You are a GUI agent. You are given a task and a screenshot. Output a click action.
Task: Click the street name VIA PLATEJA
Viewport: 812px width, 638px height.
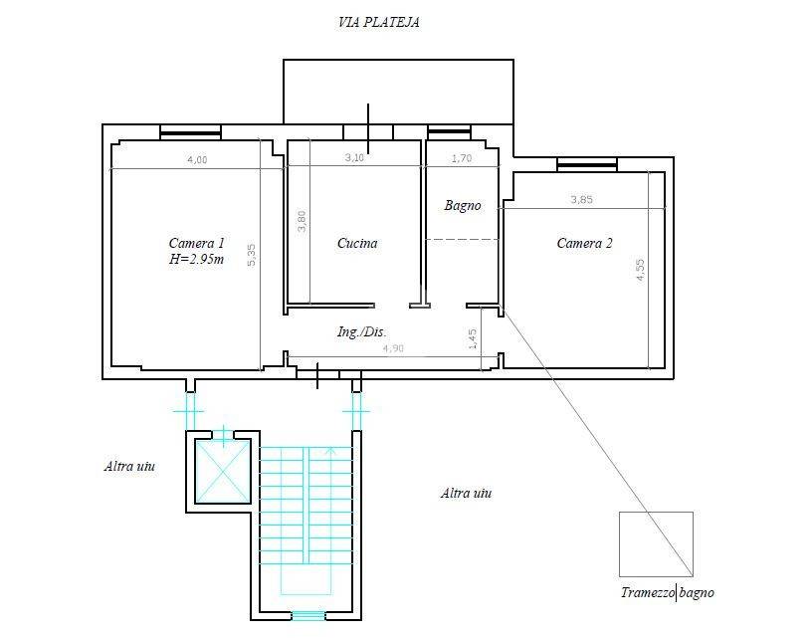click(x=378, y=22)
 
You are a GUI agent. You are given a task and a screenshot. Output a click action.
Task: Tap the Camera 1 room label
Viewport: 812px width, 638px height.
click(x=197, y=243)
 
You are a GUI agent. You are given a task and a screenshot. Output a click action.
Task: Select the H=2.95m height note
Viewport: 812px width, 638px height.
click(x=196, y=260)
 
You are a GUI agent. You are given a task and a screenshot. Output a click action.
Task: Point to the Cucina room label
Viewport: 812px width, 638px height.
click(x=357, y=243)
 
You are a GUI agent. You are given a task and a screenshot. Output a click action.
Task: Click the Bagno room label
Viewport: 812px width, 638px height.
click(x=463, y=206)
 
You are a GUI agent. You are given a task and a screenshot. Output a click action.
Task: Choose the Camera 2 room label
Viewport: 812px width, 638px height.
click(x=585, y=243)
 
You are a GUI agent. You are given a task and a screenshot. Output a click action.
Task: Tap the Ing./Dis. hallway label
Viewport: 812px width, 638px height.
click(x=361, y=332)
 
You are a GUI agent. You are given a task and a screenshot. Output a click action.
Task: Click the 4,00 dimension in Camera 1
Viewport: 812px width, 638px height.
click(x=197, y=160)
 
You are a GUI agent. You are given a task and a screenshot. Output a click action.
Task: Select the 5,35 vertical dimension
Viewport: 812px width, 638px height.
click(x=252, y=256)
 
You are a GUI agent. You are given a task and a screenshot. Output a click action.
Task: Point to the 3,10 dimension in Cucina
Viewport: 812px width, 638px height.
click(x=354, y=157)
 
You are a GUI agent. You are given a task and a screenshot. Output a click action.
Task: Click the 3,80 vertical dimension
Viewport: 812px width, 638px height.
click(x=303, y=221)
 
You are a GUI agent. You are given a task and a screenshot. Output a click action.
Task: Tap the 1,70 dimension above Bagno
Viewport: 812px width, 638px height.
click(x=462, y=158)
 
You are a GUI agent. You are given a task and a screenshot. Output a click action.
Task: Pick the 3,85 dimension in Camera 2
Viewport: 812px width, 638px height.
click(x=581, y=199)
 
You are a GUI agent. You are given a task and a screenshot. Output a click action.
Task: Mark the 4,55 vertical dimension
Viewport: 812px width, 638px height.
click(x=641, y=270)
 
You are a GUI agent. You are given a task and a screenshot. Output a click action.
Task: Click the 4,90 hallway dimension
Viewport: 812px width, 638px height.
click(x=393, y=348)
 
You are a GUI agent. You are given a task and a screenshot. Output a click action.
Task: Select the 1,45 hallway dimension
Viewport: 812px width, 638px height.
click(x=473, y=339)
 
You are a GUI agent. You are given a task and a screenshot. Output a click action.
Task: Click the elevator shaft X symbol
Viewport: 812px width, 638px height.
click(x=223, y=471)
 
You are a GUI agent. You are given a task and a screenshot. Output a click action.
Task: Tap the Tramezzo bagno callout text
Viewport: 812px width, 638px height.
click(x=668, y=592)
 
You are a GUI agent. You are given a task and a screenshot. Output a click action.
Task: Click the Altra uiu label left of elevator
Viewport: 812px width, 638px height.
click(x=129, y=466)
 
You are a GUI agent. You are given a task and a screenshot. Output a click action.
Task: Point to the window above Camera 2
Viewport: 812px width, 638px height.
click(x=587, y=165)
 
